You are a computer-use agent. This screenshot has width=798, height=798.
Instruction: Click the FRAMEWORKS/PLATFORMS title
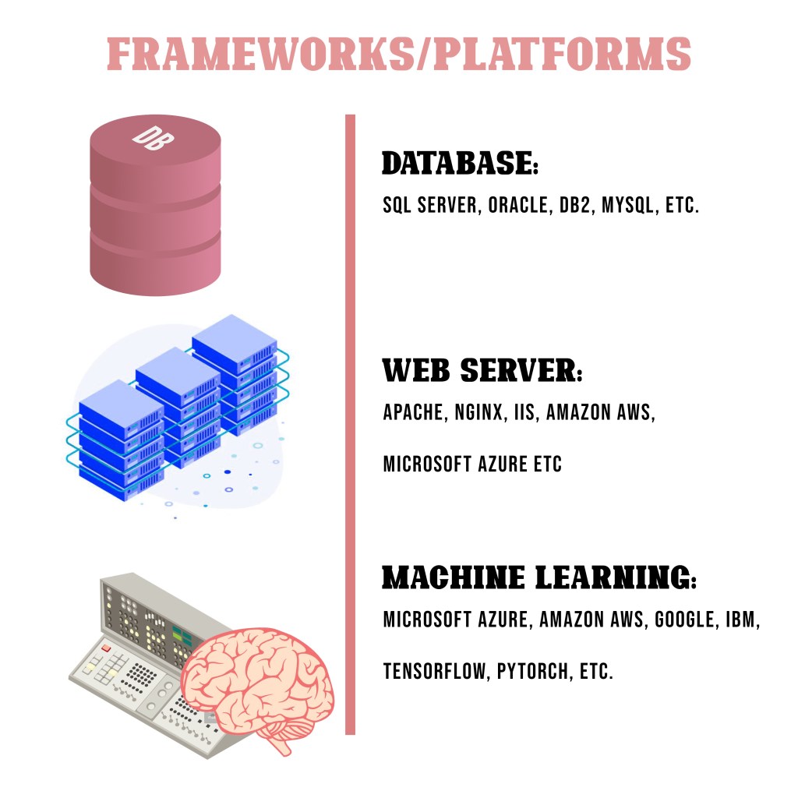click(398, 54)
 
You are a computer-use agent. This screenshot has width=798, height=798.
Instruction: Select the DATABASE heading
click(460, 164)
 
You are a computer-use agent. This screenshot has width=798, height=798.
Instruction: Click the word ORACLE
click(517, 206)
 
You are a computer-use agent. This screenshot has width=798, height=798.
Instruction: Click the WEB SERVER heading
click(482, 370)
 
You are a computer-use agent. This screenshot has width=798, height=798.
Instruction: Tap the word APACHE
click(413, 412)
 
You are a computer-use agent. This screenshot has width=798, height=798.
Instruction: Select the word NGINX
click(477, 412)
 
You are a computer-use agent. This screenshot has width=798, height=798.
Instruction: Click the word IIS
click(524, 412)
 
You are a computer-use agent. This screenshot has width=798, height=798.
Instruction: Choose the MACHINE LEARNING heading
click(538, 578)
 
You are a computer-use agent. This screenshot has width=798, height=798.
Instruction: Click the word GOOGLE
click(685, 620)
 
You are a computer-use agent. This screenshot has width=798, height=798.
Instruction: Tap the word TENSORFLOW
click(435, 671)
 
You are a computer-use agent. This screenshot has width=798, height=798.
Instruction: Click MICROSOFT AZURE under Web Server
click(453, 464)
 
